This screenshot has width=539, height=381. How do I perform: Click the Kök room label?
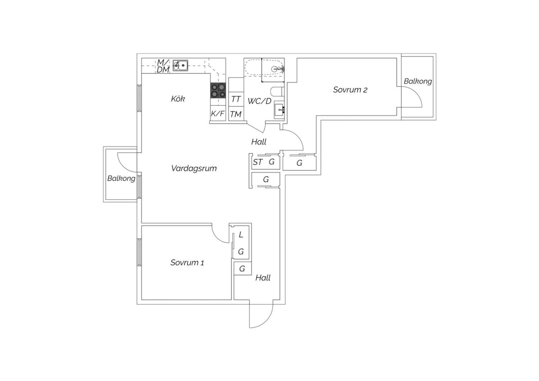178,99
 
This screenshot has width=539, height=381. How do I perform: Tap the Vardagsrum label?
194,168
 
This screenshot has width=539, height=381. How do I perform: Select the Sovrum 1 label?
187,262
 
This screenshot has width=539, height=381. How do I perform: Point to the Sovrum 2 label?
350,90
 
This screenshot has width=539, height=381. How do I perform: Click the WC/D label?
259,101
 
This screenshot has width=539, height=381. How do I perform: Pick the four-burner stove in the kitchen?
218,90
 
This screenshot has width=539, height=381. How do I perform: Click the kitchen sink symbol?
180,65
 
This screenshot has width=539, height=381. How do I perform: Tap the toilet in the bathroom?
277,92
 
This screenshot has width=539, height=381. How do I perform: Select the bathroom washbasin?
279,110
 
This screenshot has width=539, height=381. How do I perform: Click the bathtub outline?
264,68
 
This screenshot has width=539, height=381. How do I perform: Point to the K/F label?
218,113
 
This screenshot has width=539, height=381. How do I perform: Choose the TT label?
236,99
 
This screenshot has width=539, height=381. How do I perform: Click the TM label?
236,114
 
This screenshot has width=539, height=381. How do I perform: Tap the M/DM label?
163,66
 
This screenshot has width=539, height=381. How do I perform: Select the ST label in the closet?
258,162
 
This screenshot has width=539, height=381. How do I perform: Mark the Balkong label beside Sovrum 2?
418,81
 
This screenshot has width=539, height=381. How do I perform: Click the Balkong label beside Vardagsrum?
121,178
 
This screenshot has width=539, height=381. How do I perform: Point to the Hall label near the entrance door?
263,278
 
